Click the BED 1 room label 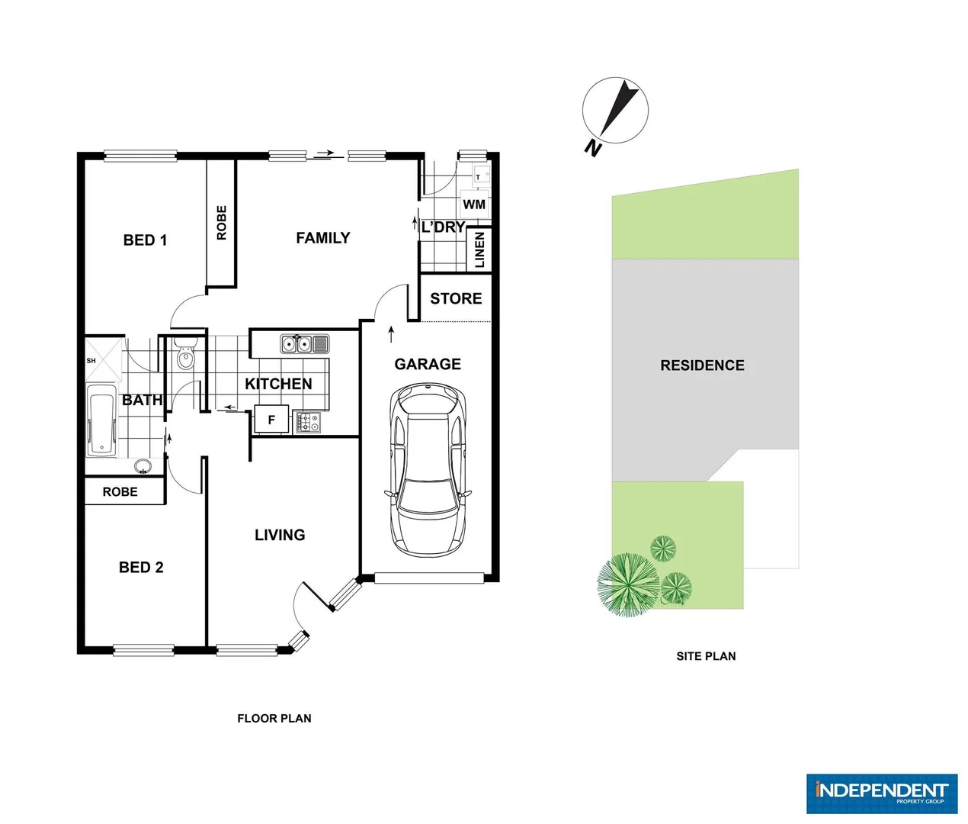[x=145, y=240]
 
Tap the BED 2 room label [x=141, y=567]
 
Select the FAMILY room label [x=323, y=238]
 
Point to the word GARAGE [x=428, y=365]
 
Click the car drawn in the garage [x=428, y=471]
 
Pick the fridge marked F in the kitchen [x=271, y=420]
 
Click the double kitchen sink [x=304, y=344]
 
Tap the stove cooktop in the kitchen [x=308, y=422]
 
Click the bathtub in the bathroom [x=101, y=421]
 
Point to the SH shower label [x=91, y=361]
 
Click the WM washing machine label [x=474, y=204]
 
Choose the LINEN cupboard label [x=479, y=249]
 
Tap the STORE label [x=456, y=299]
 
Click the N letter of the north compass [x=592, y=147]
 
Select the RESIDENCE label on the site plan [x=702, y=365]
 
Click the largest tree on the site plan [x=628, y=584]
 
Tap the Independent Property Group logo [x=881, y=793]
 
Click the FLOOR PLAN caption [x=274, y=718]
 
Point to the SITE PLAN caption [x=706, y=656]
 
